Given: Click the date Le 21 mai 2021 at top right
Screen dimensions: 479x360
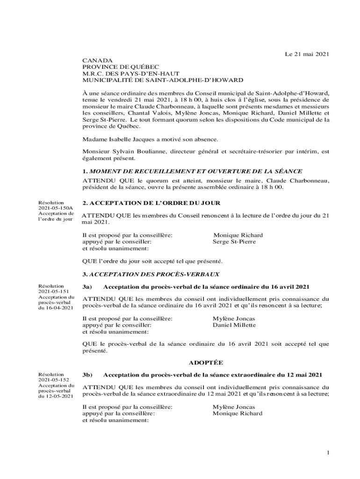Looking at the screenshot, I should pyautogui.click(x=307, y=54).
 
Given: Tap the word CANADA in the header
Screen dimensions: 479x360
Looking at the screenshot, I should pyautogui.click(x=97, y=61).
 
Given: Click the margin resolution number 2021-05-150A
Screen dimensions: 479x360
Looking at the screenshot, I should pyautogui.click(x=56, y=208).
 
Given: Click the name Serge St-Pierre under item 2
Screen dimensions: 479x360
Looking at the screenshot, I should pyautogui.click(x=234, y=242).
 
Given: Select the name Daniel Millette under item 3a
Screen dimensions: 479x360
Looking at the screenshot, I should pyautogui.click(x=234, y=325).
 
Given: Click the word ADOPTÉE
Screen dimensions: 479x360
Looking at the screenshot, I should pyautogui.click(x=206, y=363).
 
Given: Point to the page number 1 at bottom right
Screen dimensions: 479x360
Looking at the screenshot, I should pyautogui.click(x=329, y=452).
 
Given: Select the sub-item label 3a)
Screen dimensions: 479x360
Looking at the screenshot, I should pyautogui.click(x=87, y=286).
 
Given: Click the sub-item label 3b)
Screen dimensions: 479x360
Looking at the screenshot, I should pyautogui.click(x=87, y=375).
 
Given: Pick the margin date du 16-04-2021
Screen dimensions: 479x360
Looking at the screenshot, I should pyautogui.click(x=56, y=308).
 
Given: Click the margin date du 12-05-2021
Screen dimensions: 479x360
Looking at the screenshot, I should pyautogui.click(x=56, y=396).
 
